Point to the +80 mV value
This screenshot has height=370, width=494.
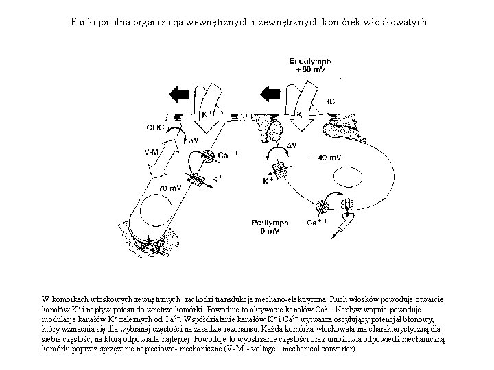(310, 70)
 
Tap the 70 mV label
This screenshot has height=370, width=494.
(171, 188)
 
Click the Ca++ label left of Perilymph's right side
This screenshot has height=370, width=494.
(316, 223)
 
